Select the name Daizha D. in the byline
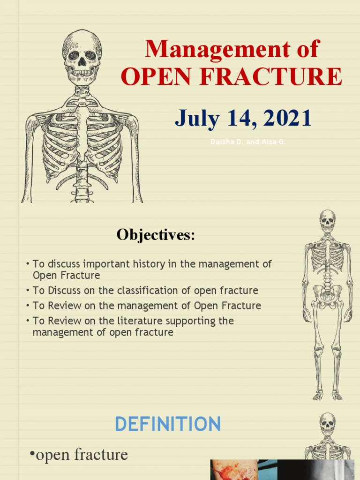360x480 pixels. [x=226, y=142]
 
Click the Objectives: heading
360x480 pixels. [x=156, y=235]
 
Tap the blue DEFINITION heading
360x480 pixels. [x=167, y=424]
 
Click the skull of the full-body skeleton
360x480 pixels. [x=328, y=220]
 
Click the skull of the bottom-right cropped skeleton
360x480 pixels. [x=327, y=423]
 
